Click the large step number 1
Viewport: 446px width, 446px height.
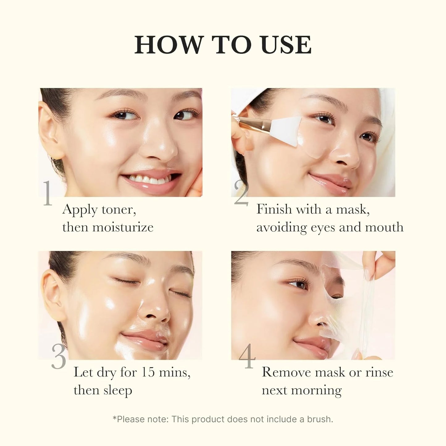click(x=47, y=193)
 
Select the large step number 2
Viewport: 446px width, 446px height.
click(x=241, y=193)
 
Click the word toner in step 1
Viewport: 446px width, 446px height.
click(x=119, y=210)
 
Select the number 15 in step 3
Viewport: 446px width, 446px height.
click(x=148, y=373)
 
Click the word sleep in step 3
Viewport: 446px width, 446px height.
click(x=118, y=390)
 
